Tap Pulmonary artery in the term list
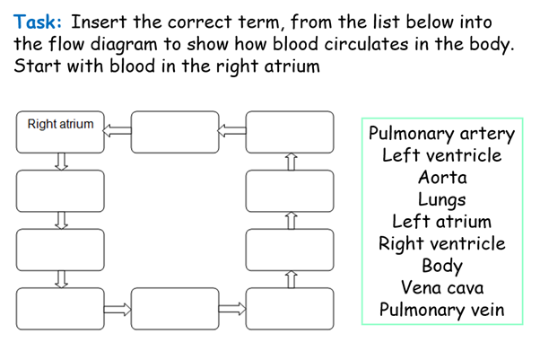pos(442,135)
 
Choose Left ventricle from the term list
pos(442,156)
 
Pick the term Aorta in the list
pos(442,178)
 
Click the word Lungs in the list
pos(442,199)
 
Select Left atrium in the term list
pos(442,222)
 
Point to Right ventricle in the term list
pos(442,243)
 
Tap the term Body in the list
pos(442,266)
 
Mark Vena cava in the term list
pos(442,288)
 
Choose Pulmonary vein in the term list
pos(442,311)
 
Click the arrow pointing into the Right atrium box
pos(118,132)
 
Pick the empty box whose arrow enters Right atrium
pos(176,132)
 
